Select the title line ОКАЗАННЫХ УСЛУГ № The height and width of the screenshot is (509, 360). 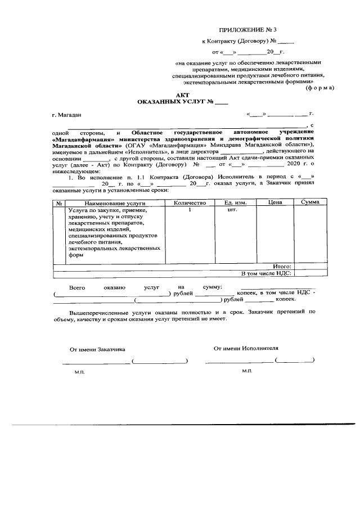pos(183,102)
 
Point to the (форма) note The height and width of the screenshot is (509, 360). pos(319,88)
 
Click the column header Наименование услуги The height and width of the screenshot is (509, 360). pos(107,202)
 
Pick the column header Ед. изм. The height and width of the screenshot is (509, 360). pos(236,202)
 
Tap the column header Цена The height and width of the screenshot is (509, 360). pos(275,202)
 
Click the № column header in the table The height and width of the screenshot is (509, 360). pos(58,202)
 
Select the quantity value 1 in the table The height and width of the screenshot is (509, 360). pos(190,210)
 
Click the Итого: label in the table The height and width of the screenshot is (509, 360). pos(281,266)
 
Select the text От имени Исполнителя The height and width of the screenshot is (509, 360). pos(246,348)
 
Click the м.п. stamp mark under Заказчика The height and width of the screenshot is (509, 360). pos(79,372)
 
